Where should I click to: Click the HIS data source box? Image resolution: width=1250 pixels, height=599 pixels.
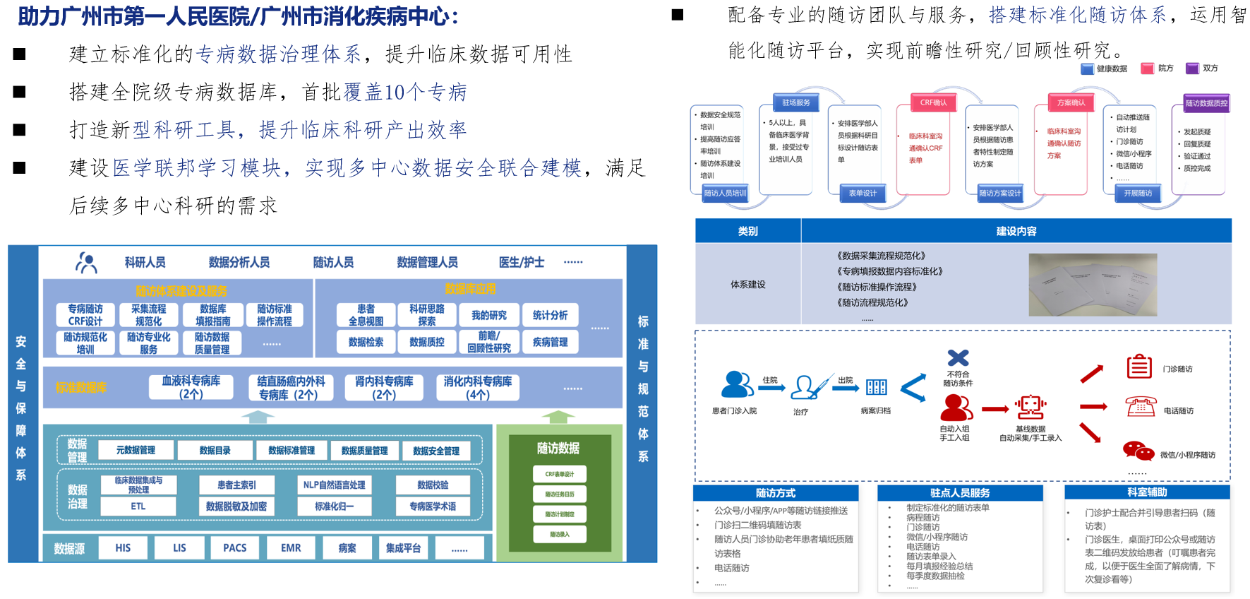pos(123,547)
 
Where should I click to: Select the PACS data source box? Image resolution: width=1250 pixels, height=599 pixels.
pos(235,547)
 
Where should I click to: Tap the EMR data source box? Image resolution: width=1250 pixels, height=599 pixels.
pos(291,547)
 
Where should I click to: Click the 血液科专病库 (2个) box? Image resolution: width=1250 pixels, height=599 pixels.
pos(191,387)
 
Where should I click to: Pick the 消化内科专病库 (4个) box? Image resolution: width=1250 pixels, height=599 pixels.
pos(478,387)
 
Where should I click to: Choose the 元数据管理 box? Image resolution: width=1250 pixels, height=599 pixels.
pos(136,450)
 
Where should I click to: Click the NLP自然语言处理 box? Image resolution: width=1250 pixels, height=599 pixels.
pos(334,485)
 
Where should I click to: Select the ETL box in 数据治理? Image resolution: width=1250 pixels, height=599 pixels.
pos(138,506)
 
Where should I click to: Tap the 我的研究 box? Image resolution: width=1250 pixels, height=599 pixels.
pos(489,315)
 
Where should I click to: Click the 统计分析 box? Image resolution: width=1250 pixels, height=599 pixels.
pos(550,315)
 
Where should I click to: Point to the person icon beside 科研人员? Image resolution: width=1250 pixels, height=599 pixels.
pos(86,263)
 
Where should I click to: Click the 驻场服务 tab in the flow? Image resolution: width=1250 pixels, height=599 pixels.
pos(796,102)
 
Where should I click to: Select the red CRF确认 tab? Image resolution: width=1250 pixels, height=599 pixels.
pos(933,102)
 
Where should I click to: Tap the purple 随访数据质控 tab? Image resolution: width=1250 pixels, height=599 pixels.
pos(1206,103)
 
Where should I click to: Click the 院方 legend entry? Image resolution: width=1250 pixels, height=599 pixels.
pos(1158,69)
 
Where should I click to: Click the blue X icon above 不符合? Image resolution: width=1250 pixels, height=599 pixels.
pos(958,357)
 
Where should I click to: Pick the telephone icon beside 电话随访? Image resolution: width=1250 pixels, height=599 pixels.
pos(1140,407)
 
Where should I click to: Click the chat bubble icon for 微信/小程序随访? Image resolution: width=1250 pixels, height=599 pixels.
pos(1138,451)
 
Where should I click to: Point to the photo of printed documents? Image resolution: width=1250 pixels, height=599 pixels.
pos(1093,284)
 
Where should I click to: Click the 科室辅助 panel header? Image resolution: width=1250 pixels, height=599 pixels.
pos(1147,492)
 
